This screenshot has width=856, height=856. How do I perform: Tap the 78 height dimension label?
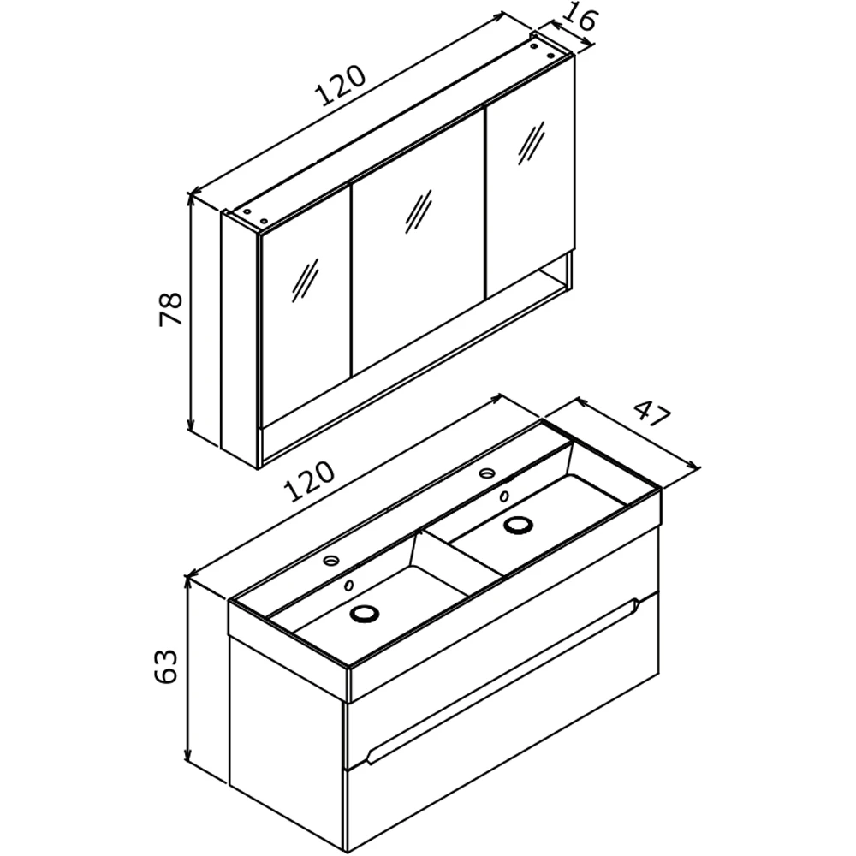(x=170, y=310)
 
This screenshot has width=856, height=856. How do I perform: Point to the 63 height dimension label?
(x=166, y=665)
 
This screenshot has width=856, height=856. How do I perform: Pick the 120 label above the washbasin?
(x=308, y=481)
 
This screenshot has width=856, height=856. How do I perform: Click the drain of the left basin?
(x=364, y=614)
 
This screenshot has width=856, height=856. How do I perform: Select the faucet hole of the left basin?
(x=330, y=560)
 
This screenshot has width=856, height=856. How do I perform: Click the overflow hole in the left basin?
(x=348, y=586)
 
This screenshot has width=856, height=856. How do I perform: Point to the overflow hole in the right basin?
(x=504, y=496)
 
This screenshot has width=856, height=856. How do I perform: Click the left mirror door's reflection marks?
(x=306, y=280)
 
